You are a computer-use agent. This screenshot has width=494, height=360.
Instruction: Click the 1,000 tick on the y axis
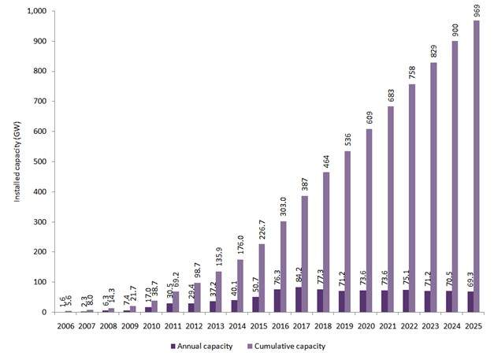35,12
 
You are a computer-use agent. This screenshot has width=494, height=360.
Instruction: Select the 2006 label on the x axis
69,323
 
